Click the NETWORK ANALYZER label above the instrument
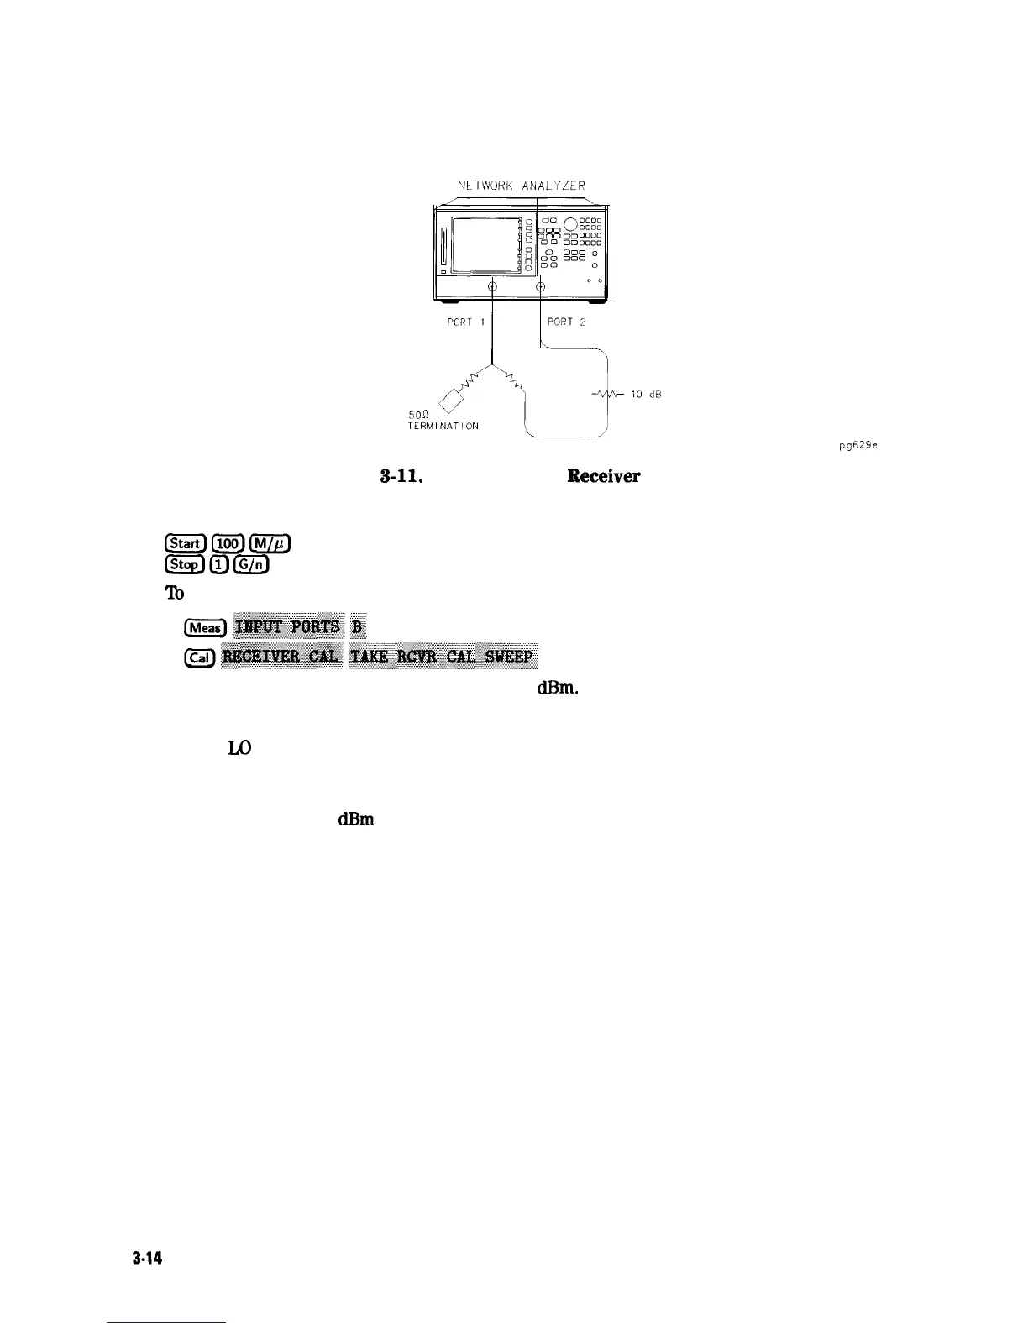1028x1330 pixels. pos(521,185)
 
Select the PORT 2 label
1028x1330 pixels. pos(565,321)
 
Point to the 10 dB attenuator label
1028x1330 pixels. pos(648,395)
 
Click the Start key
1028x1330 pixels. pos(177,546)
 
